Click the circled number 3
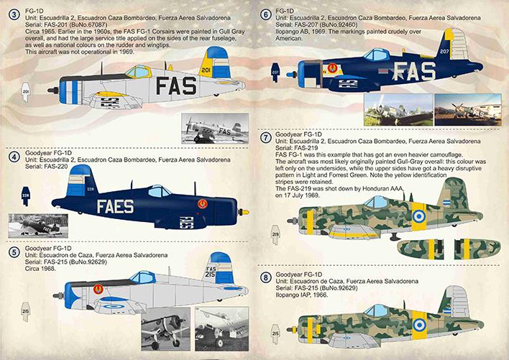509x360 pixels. pyautogui.click(x=14, y=15)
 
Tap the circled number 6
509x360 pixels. pyautogui.click(x=265, y=15)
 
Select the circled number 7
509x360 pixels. pyautogui.click(x=265, y=138)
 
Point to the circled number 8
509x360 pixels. pyautogui.click(x=266, y=278)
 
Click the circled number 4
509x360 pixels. pyautogui.click(x=14, y=157)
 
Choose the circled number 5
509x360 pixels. pyautogui.click(x=14, y=252)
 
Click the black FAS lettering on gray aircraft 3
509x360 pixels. pyautogui.click(x=176, y=86)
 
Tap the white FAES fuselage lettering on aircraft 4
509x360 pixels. pyautogui.click(x=115, y=207)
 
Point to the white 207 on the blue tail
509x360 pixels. pyautogui.click(x=444, y=51)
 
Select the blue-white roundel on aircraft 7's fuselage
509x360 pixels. pyautogui.click(x=419, y=216)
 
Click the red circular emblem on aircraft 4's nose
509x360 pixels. pyautogui.click(x=203, y=203)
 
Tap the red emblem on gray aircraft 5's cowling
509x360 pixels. pyautogui.click(x=98, y=289)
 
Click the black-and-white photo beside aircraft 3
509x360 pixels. pyautogui.click(x=215, y=128)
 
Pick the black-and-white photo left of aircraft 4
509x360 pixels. pyautogui.click(x=38, y=226)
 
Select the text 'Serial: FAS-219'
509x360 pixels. pyautogui.click(x=297, y=148)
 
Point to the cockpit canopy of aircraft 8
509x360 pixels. pyautogui.click(x=377, y=310)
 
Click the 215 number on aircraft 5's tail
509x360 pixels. pyautogui.click(x=211, y=274)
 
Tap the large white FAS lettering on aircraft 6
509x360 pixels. pyautogui.click(x=414, y=71)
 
